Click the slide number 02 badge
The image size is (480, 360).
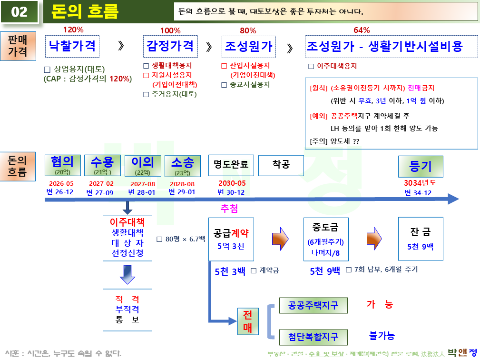[20, 11]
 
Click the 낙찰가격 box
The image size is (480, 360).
[72, 46]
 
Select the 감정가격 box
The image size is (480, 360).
[170, 46]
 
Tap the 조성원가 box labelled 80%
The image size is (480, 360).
[249, 46]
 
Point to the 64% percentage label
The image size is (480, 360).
[362, 30]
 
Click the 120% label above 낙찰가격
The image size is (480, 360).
[73, 30]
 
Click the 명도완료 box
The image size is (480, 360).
[231, 165]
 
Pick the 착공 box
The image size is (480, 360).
[281, 165]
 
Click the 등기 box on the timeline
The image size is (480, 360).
[421, 166]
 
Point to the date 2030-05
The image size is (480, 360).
[232, 184]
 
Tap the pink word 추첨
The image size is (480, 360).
[229, 209]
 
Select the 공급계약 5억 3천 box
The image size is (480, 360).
[231, 239]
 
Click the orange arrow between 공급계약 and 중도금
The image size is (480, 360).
[280, 238]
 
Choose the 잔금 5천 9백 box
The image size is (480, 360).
[421, 239]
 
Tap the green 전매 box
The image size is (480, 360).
[247, 322]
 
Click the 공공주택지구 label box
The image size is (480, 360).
[313, 305]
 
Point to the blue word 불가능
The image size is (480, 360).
[382, 336]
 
